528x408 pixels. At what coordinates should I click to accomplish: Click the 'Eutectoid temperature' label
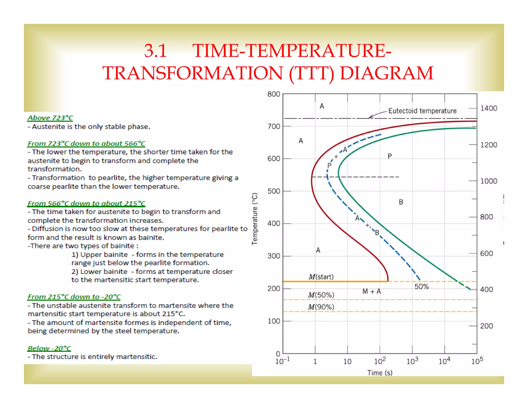pyautogui.click(x=422, y=111)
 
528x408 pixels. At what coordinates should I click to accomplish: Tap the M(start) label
pyautogui.click(x=321, y=277)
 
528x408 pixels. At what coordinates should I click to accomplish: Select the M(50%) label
pyautogui.click(x=321, y=295)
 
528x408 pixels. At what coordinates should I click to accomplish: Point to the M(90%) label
pyautogui.click(x=321, y=307)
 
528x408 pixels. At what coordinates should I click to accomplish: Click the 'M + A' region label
pyautogui.click(x=372, y=291)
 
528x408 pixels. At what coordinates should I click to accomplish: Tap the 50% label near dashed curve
pyautogui.click(x=422, y=287)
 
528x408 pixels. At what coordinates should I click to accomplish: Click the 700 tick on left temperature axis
pyautogui.click(x=274, y=126)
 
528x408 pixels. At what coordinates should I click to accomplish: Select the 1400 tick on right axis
pyautogui.click(x=489, y=108)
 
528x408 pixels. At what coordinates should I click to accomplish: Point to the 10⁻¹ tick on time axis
pyautogui.click(x=283, y=361)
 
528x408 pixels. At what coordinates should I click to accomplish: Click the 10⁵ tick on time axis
pyautogui.click(x=477, y=361)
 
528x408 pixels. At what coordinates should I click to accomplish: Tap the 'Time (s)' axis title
pyautogui.click(x=380, y=373)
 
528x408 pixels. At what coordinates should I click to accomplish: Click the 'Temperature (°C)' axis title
pyautogui.click(x=255, y=218)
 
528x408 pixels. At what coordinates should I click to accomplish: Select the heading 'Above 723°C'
pyautogui.click(x=50, y=118)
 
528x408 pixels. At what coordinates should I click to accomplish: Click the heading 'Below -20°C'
pyautogui.click(x=49, y=348)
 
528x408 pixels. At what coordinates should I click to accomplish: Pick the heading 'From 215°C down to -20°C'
pyautogui.click(x=74, y=297)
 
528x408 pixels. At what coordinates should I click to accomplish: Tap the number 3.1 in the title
pyautogui.click(x=155, y=51)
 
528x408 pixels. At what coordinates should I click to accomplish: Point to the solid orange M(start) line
pyautogui.click(x=335, y=281)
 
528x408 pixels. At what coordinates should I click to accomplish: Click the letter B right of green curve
pyautogui.click(x=401, y=202)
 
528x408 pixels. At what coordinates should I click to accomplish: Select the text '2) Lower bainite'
pyautogui.click(x=100, y=272)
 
